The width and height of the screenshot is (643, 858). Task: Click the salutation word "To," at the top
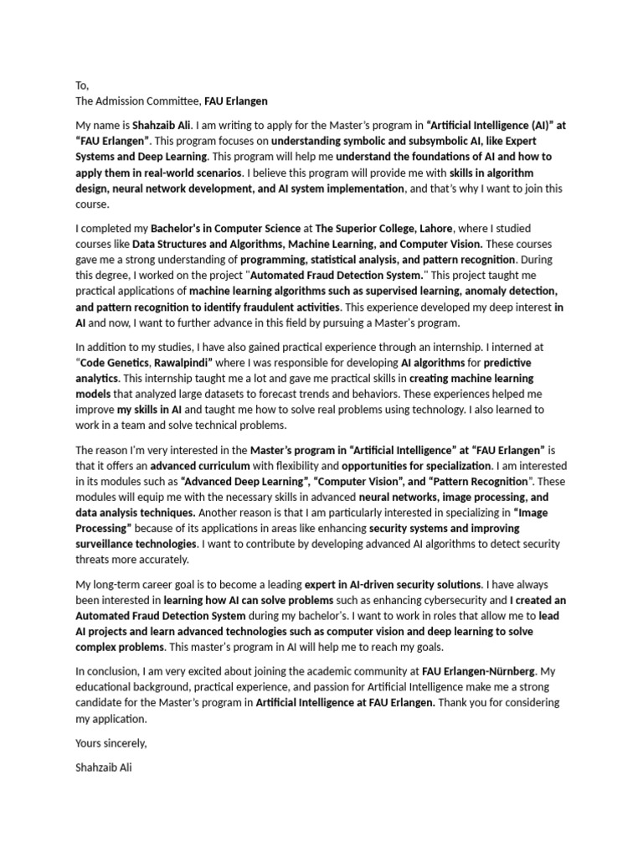tap(81, 85)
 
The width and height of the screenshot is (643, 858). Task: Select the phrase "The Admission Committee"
tap(137, 101)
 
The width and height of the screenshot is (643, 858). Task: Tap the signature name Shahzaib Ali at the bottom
tap(104, 766)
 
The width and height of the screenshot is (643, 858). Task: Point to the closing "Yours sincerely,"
tap(111, 742)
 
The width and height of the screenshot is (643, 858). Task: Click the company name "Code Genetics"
tap(112, 362)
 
